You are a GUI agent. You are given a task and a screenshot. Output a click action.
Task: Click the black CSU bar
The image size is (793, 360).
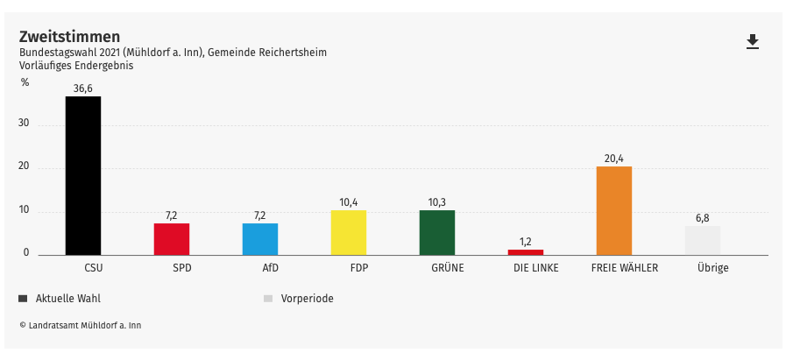tap(83, 175)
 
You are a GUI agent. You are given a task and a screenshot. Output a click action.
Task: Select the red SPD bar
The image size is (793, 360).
tap(172, 238)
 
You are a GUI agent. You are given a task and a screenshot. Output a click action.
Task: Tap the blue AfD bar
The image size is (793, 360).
tap(260, 238)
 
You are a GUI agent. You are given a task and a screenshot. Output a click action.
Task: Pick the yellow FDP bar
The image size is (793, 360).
tap(348, 232)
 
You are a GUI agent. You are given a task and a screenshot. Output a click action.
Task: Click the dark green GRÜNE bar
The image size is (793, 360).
tap(436, 232)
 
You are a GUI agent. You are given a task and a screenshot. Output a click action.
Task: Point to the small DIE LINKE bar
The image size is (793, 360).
tap(526, 251)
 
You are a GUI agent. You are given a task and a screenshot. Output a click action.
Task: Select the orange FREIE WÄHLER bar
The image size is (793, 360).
tap(613, 210)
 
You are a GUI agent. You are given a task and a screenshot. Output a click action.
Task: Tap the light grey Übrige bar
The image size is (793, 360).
tap(702, 240)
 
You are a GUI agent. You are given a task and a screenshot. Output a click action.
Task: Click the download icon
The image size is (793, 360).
tap(752, 42)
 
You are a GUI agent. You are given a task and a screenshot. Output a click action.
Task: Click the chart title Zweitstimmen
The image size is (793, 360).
tap(70, 36)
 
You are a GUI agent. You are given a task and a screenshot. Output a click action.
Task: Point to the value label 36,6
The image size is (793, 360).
tap(83, 88)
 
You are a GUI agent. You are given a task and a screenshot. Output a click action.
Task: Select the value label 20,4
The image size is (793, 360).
tap(613, 159)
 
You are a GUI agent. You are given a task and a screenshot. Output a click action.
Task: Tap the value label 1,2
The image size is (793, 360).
tap(526, 242)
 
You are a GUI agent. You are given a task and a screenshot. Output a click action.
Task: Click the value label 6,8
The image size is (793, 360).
tap(702, 218)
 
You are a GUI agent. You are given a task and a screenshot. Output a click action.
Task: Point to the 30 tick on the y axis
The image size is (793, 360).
tap(24, 124)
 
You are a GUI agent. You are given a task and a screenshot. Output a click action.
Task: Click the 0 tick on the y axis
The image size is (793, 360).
tap(26, 253)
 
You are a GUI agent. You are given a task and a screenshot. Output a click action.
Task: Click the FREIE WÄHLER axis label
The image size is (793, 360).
tap(625, 268)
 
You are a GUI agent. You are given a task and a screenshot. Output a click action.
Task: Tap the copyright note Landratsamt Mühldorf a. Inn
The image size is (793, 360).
tap(80, 325)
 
